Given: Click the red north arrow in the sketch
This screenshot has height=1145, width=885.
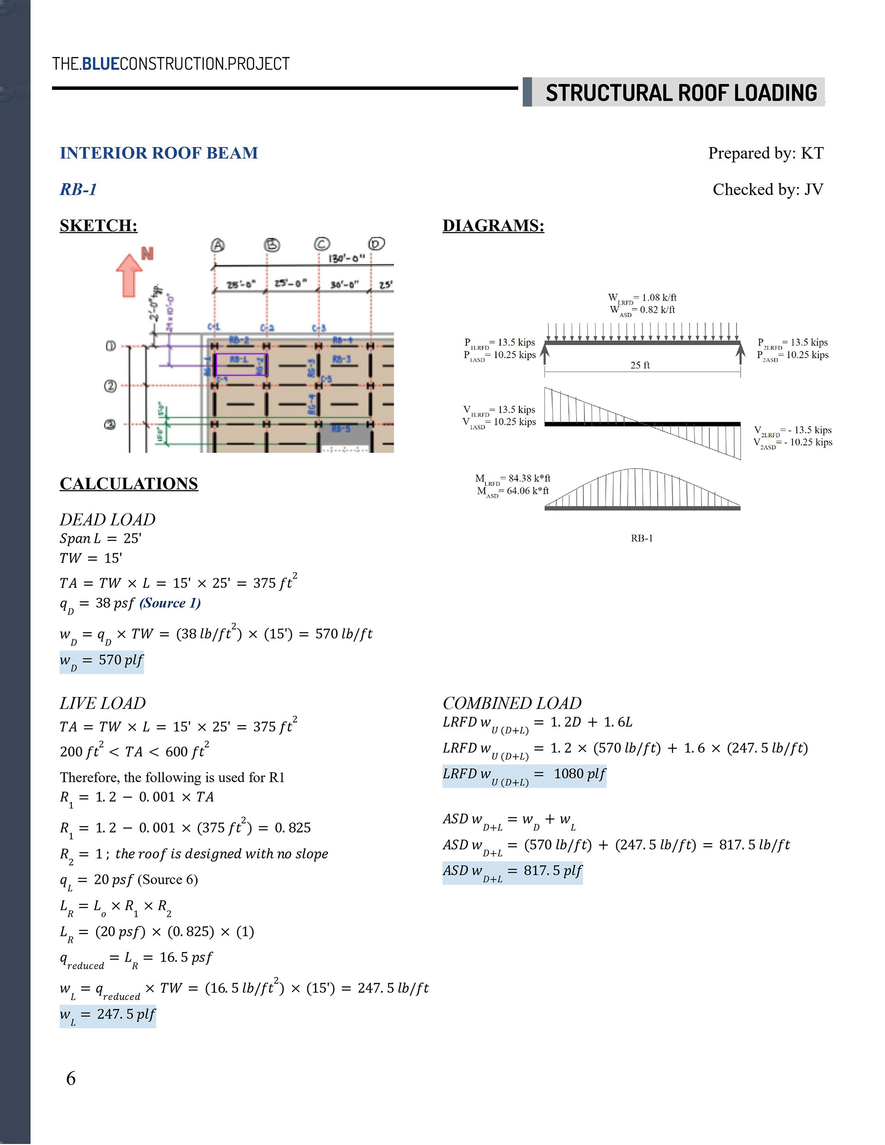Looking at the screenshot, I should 129,275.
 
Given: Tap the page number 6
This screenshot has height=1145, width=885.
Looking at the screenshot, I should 71,1078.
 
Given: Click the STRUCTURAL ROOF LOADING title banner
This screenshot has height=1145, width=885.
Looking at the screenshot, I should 680,93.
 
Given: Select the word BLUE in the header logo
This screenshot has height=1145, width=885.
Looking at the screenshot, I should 101,64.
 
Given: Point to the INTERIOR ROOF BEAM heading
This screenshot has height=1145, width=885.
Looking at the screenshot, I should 159,153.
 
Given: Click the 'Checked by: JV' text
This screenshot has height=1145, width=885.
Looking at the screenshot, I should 767,189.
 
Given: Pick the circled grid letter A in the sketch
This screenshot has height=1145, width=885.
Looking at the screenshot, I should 218,245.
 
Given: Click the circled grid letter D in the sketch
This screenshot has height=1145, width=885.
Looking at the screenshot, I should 376,244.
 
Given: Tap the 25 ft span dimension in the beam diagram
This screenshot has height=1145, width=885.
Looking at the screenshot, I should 640,365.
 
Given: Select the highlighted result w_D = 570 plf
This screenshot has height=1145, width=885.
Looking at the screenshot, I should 101,661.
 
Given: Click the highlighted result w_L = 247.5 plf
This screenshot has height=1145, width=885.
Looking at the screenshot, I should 107,1015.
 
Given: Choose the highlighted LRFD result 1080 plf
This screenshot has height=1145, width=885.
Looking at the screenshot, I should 524,775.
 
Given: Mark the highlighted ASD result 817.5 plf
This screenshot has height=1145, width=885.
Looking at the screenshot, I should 512,872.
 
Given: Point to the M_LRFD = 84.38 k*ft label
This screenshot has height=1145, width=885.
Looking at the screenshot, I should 513,478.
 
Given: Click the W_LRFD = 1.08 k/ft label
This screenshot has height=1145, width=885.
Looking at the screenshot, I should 642,298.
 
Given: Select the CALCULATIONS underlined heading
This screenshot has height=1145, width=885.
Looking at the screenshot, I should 129,483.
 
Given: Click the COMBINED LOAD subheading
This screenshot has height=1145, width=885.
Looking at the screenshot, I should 512,703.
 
